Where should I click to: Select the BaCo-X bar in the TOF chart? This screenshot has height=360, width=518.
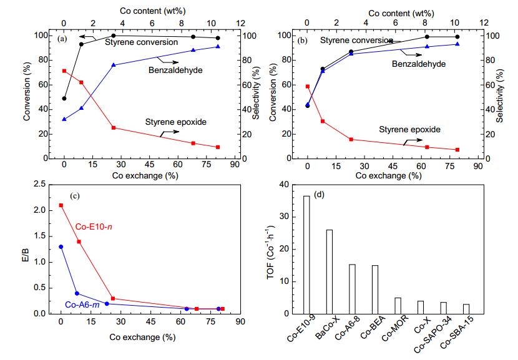click(x=329, y=271)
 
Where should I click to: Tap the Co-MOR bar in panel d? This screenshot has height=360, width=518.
click(x=398, y=306)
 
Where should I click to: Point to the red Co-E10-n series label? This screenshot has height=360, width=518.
click(x=93, y=226)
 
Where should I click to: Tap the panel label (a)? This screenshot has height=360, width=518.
click(x=62, y=39)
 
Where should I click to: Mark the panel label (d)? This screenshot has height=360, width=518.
click(x=320, y=195)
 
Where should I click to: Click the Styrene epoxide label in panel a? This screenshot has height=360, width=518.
click(x=176, y=122)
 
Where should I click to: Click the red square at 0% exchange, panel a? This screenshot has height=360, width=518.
click(x=64, y=71)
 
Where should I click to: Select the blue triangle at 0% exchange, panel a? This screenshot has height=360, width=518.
click(x=64, y=119)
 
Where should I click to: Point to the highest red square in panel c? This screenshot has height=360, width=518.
click(x=61, y=205)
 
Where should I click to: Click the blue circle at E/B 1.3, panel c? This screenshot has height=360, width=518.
click(x=61, y=246)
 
